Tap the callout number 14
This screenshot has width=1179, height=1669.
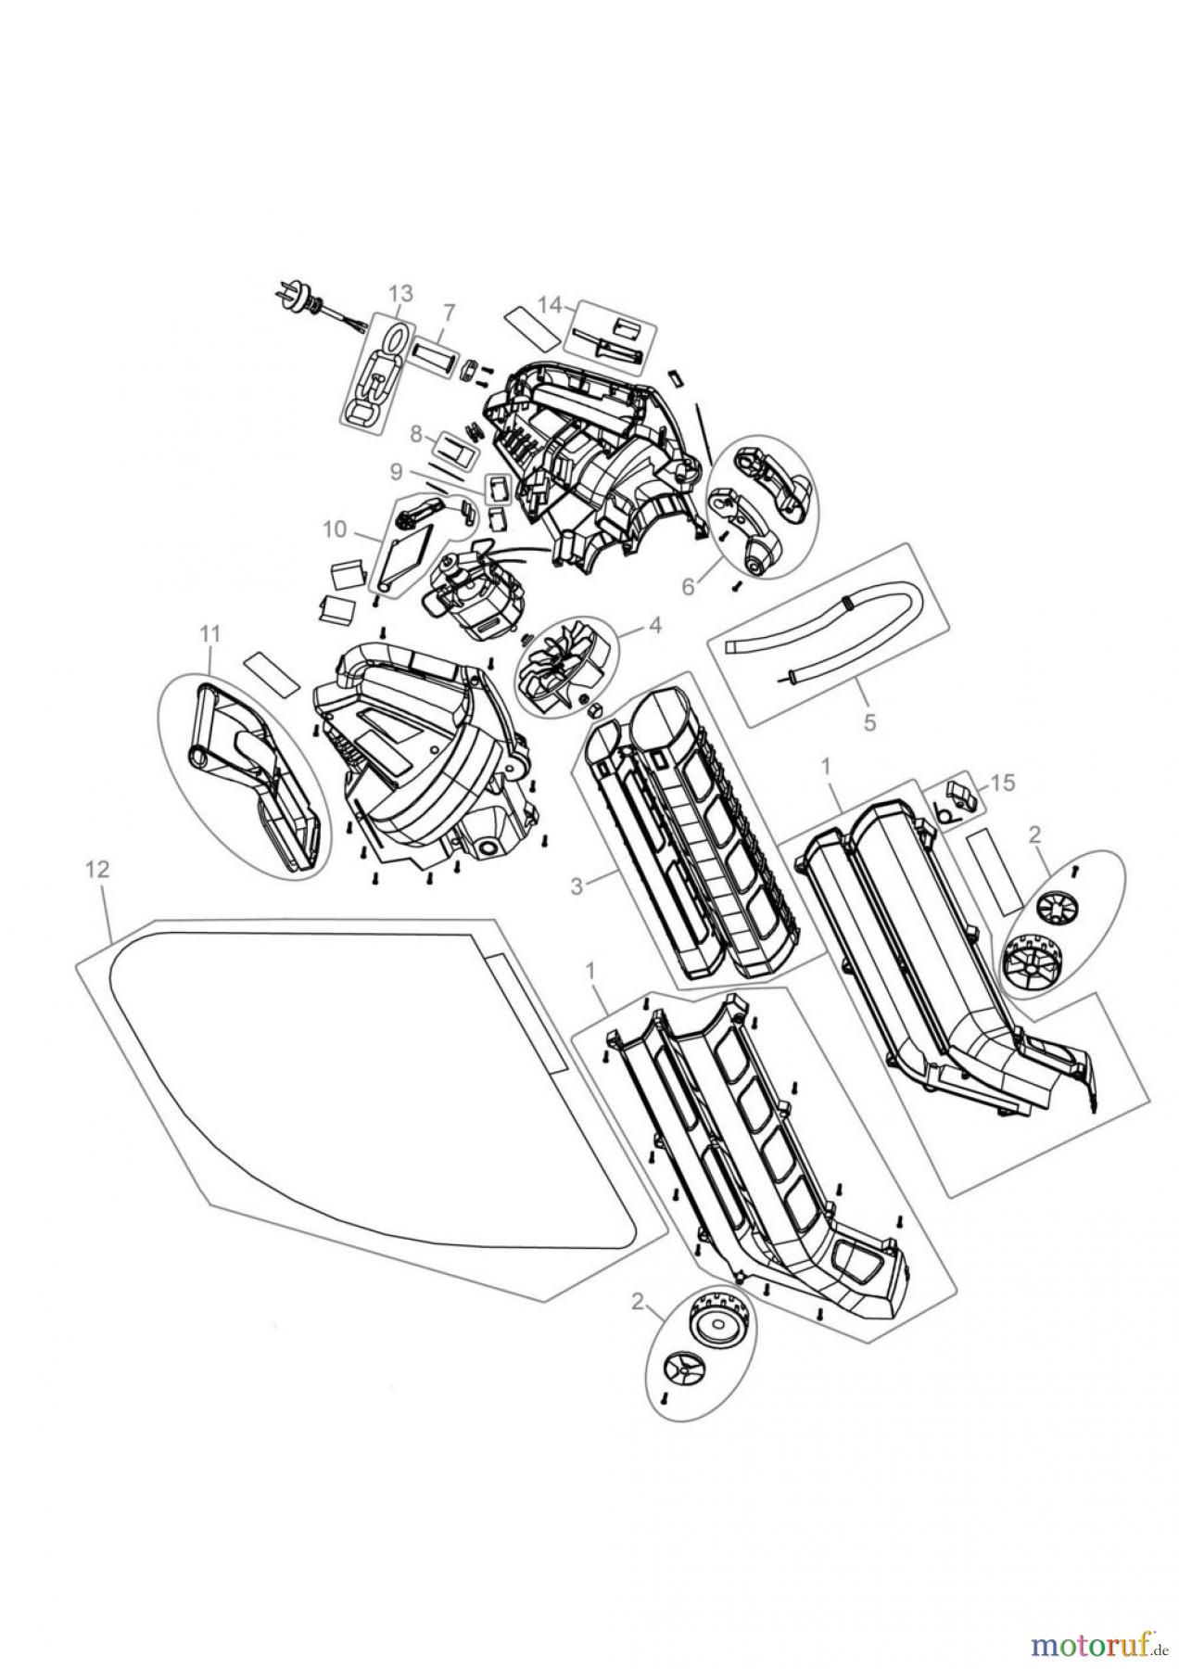(550, 303)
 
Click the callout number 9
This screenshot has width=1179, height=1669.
(397, 471)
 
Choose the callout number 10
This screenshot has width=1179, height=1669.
(334, 529)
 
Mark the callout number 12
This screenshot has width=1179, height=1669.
(96, 869)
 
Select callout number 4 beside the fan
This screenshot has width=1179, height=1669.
(654, 624)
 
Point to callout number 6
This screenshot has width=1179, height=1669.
(688, 586)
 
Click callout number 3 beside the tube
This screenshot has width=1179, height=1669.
(577, 886)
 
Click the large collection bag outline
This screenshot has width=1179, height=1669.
(352, 1085)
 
